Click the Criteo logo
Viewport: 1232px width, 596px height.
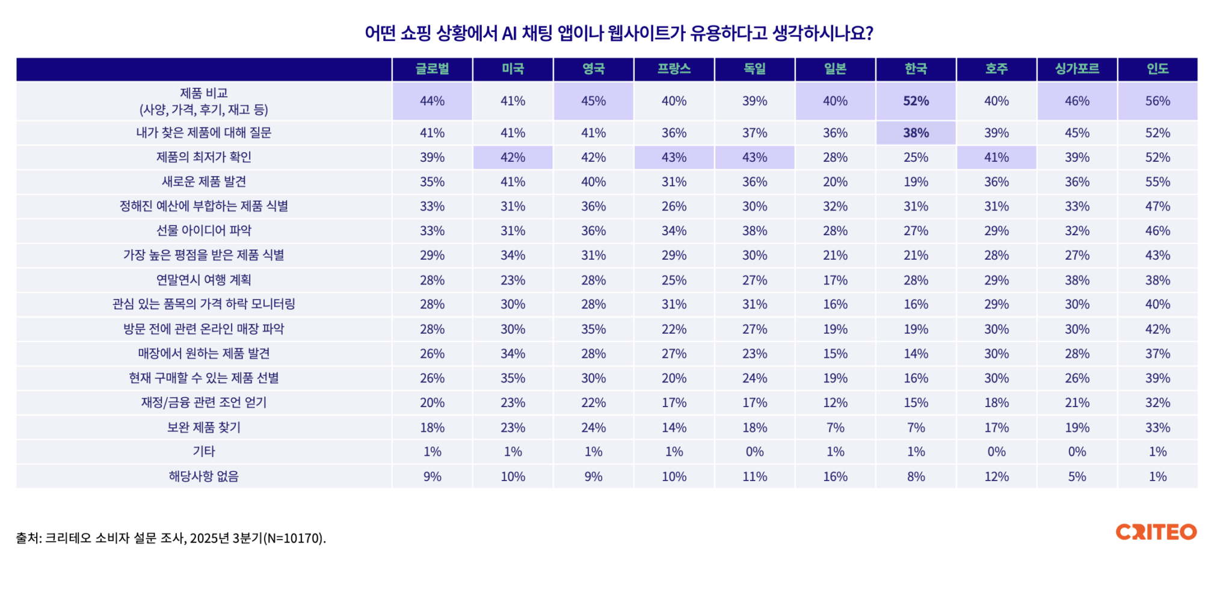(x=1156, y=532)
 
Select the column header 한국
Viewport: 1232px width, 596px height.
(x=916, y=69)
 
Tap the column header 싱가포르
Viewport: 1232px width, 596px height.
(x=1077, y=69)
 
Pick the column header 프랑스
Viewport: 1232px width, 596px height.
(x=674, y=69)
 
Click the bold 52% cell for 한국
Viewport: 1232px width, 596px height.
(x=916, y=101)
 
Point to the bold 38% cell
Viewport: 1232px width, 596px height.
(x=916, y=133)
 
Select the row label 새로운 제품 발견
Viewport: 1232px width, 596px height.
(x=204, y=182)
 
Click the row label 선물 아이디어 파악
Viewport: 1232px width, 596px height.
(x=204, y=230)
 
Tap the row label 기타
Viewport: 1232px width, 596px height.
(x=204, y=452)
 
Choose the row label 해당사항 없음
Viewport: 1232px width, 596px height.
(x=204, y=476)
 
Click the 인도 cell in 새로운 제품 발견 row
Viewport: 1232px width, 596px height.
(x=1157, y=182)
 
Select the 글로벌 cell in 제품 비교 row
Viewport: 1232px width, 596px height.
(x=432, y=101)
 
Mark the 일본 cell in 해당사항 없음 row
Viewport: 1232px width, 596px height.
(x=835, y=476)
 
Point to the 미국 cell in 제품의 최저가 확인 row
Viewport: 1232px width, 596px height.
(x=513, y=158)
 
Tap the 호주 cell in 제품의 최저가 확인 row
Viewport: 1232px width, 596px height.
(x=996, y=158)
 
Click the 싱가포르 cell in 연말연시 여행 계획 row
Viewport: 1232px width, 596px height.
(x=1077, y=280)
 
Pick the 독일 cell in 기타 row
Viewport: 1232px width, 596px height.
(x=754, y=452)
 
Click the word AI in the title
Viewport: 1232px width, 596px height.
(x=509, y=33)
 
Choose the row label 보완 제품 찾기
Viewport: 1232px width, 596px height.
(x=204, y=428)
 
